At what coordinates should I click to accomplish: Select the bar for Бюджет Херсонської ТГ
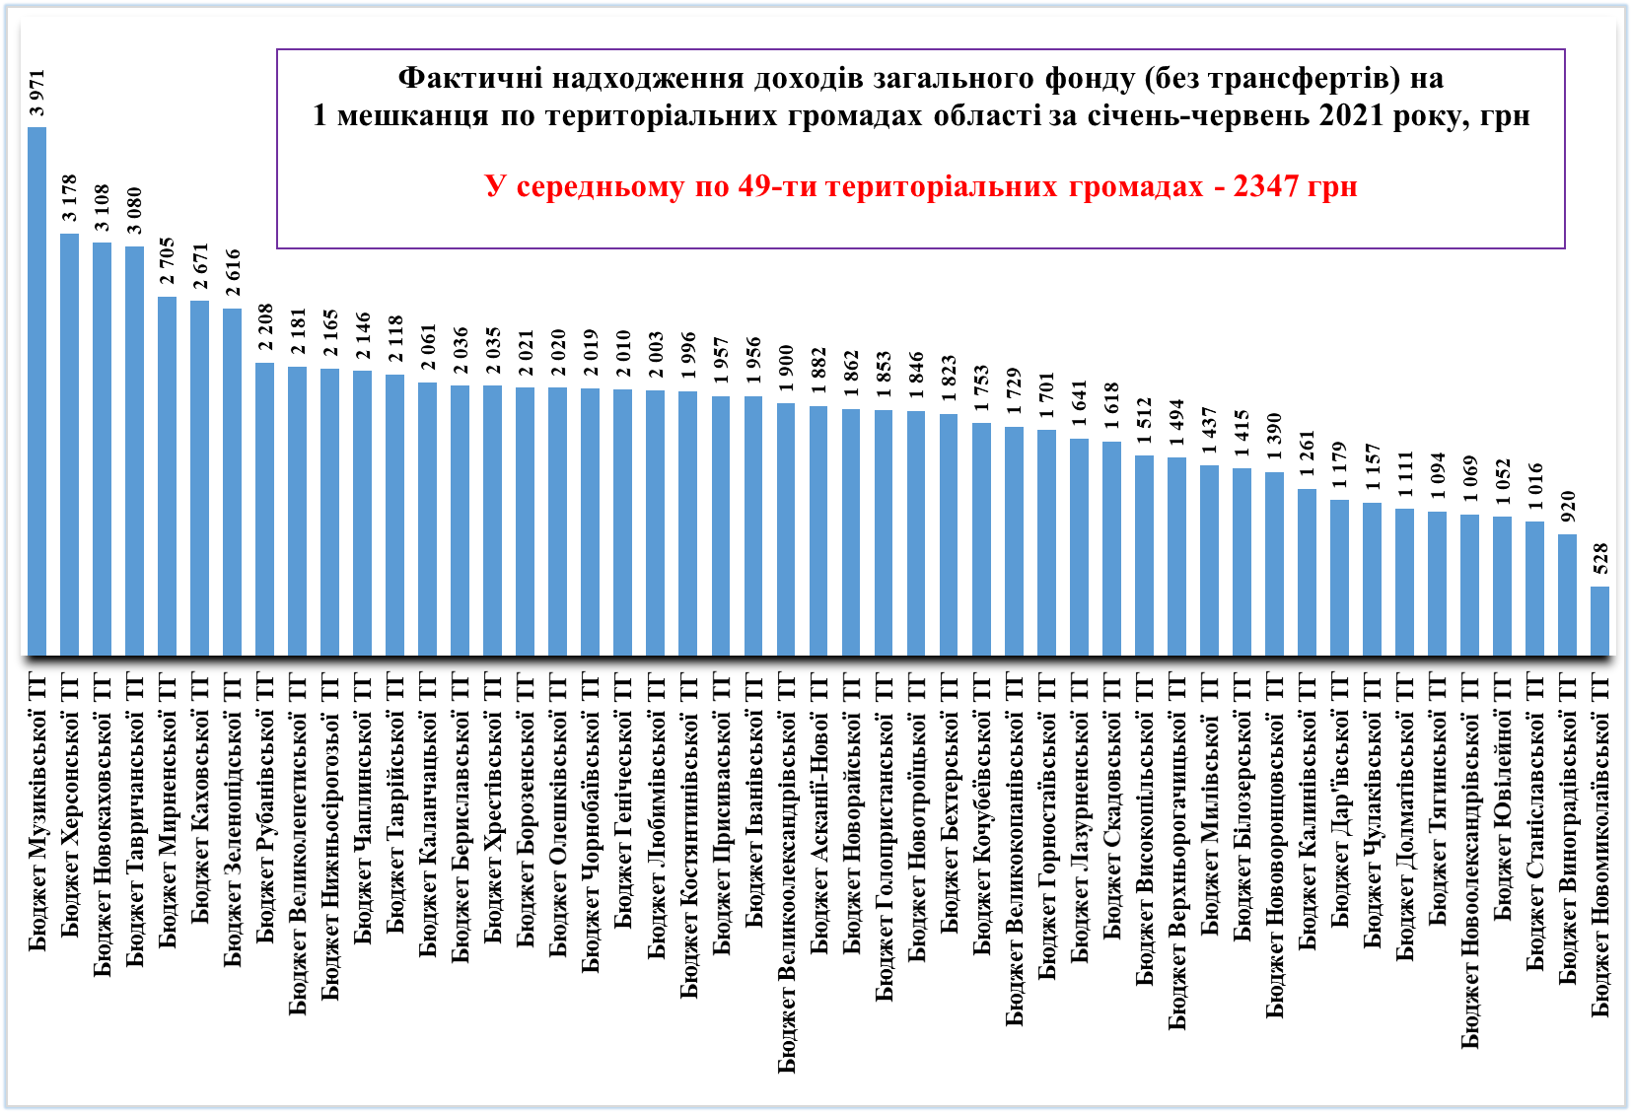tap(69, 445)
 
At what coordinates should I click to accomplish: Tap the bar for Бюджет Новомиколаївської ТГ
tap(1599, 621)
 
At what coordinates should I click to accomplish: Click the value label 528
tap(1599, 559)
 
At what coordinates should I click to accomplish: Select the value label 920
tap(1567, 507)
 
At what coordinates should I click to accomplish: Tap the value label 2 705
tap(167, 260)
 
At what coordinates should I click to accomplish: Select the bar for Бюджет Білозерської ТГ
tap(1242, 562)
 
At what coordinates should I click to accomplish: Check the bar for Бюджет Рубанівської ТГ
tap(264, 509)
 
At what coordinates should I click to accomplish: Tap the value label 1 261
tap(1307, 453)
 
